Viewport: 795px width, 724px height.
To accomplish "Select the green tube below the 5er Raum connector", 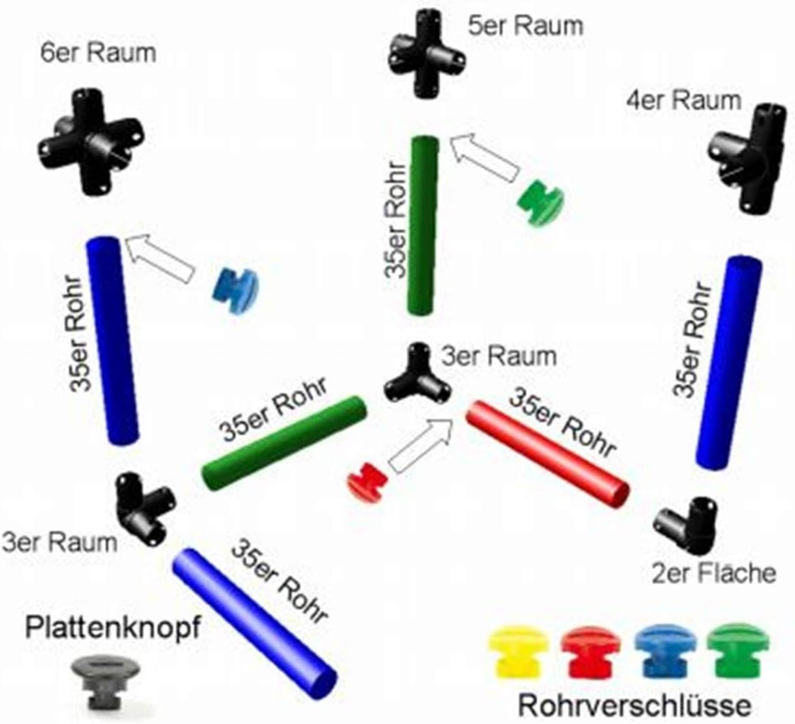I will [423, 225].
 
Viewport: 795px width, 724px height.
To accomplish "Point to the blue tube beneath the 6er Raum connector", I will [112, 341].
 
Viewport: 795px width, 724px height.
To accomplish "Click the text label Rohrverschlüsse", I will [634, 706].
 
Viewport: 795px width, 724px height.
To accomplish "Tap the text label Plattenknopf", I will [113, 627].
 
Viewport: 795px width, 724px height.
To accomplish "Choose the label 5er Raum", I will [526, 26].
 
